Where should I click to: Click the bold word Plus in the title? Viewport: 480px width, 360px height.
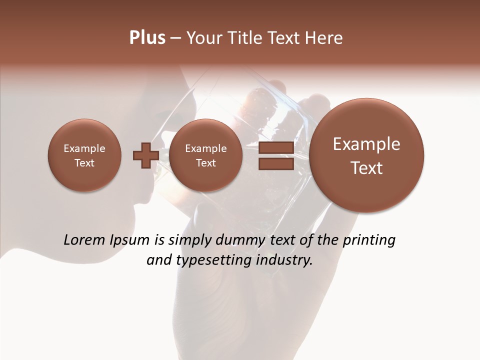[x=147, y=38]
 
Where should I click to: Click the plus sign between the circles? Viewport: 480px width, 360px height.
[x=145, y=155]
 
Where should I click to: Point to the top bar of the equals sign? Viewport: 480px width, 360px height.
[x=275, y=147]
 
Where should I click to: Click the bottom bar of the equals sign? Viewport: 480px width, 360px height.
[x=275, y=163]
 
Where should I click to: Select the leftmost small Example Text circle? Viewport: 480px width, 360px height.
[x=84, y=155]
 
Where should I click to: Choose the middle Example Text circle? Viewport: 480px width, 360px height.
[x=205, y=155]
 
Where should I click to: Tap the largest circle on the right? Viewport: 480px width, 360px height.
[x=366, y=155]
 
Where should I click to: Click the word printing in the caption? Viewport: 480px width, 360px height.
[x=368, y=240]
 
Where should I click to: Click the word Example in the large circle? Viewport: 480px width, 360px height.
[x=366, y=144]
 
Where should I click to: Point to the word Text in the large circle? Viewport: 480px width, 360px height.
[x=366, y=168]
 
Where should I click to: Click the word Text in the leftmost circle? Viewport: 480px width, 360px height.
[x=84, y=163]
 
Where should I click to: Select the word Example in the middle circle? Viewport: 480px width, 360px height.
[x=205, y=148]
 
